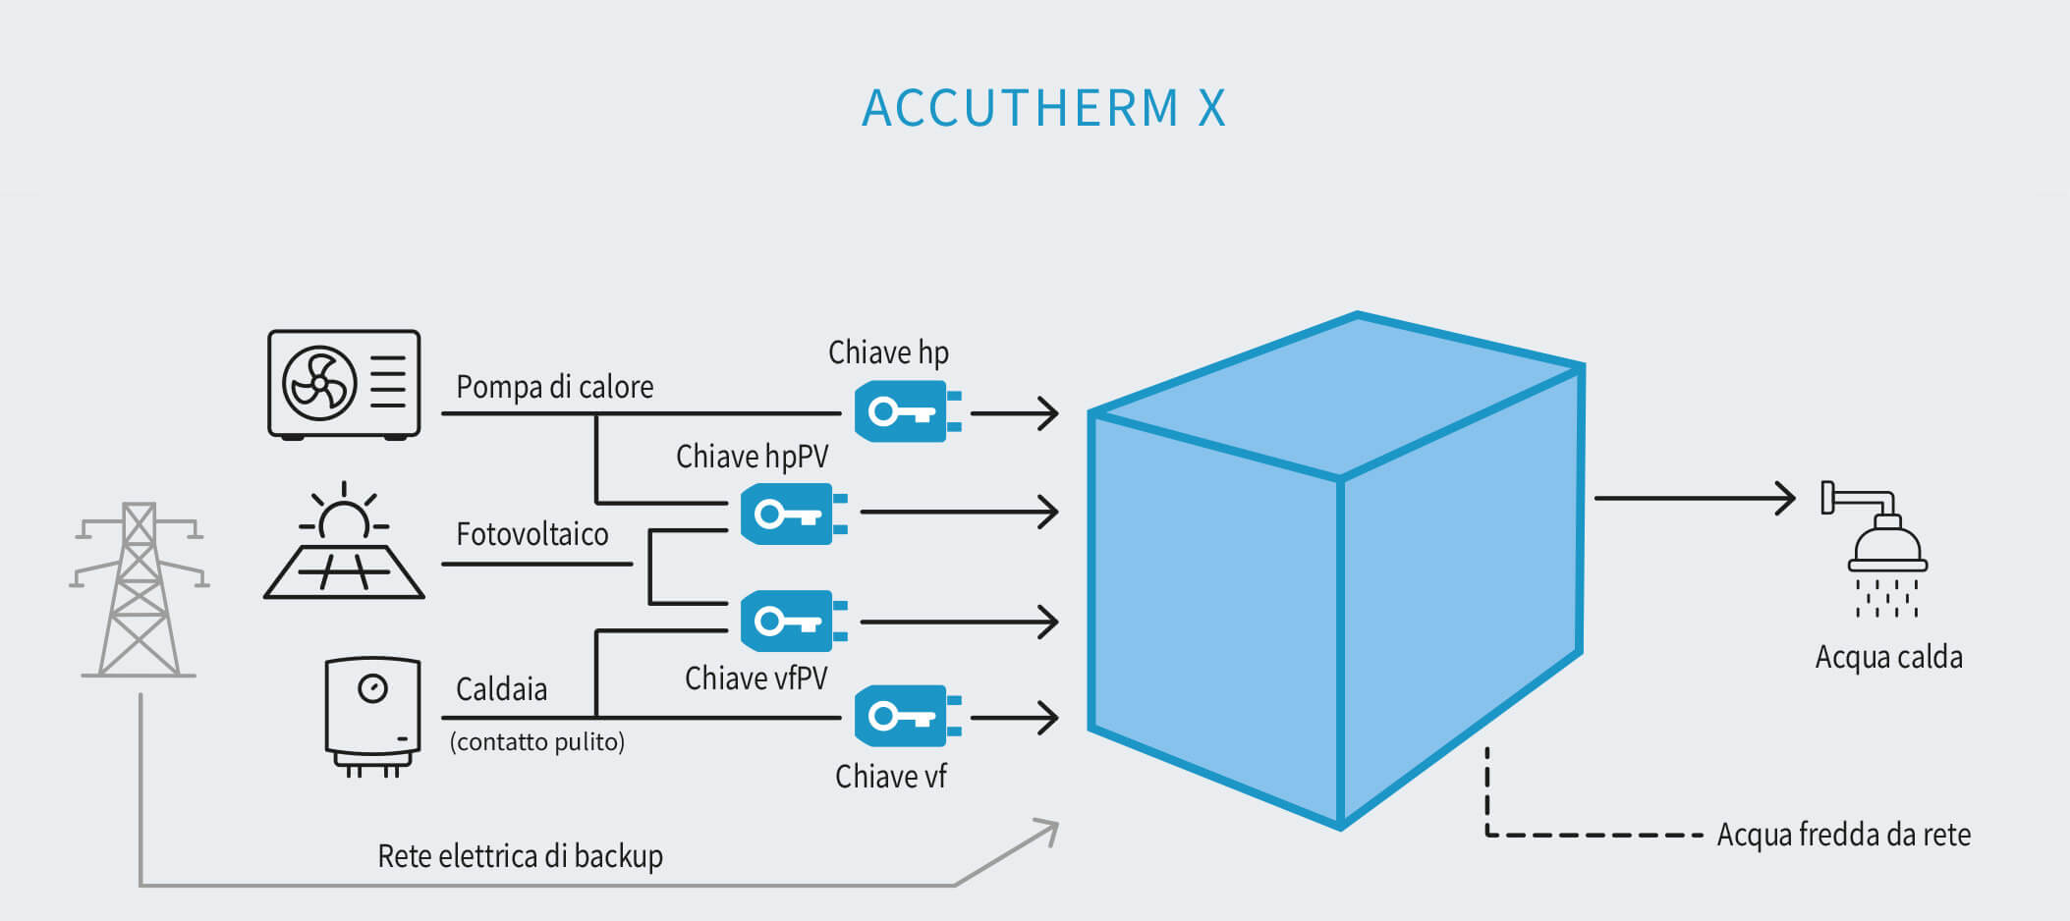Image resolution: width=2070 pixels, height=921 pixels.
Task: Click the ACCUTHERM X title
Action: coord(1043,108)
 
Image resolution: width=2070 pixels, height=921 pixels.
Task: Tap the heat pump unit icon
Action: coord(344,384)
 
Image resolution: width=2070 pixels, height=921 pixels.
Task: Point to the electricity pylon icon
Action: coord(139,589)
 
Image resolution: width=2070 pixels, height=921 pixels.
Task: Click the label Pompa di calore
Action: coord(554,387)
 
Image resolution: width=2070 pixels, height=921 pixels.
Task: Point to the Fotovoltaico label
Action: coord(531,534)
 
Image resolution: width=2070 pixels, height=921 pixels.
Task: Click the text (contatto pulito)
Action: coord(536,741)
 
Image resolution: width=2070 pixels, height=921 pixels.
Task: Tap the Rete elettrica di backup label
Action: coord(520,856)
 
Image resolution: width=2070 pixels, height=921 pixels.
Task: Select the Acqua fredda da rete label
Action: coord(1843,835)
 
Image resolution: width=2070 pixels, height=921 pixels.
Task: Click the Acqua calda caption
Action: coord(1888,657)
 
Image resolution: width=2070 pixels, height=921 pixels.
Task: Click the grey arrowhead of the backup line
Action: coord(1047,830)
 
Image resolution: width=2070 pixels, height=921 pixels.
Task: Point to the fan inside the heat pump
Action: coord(319,383)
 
